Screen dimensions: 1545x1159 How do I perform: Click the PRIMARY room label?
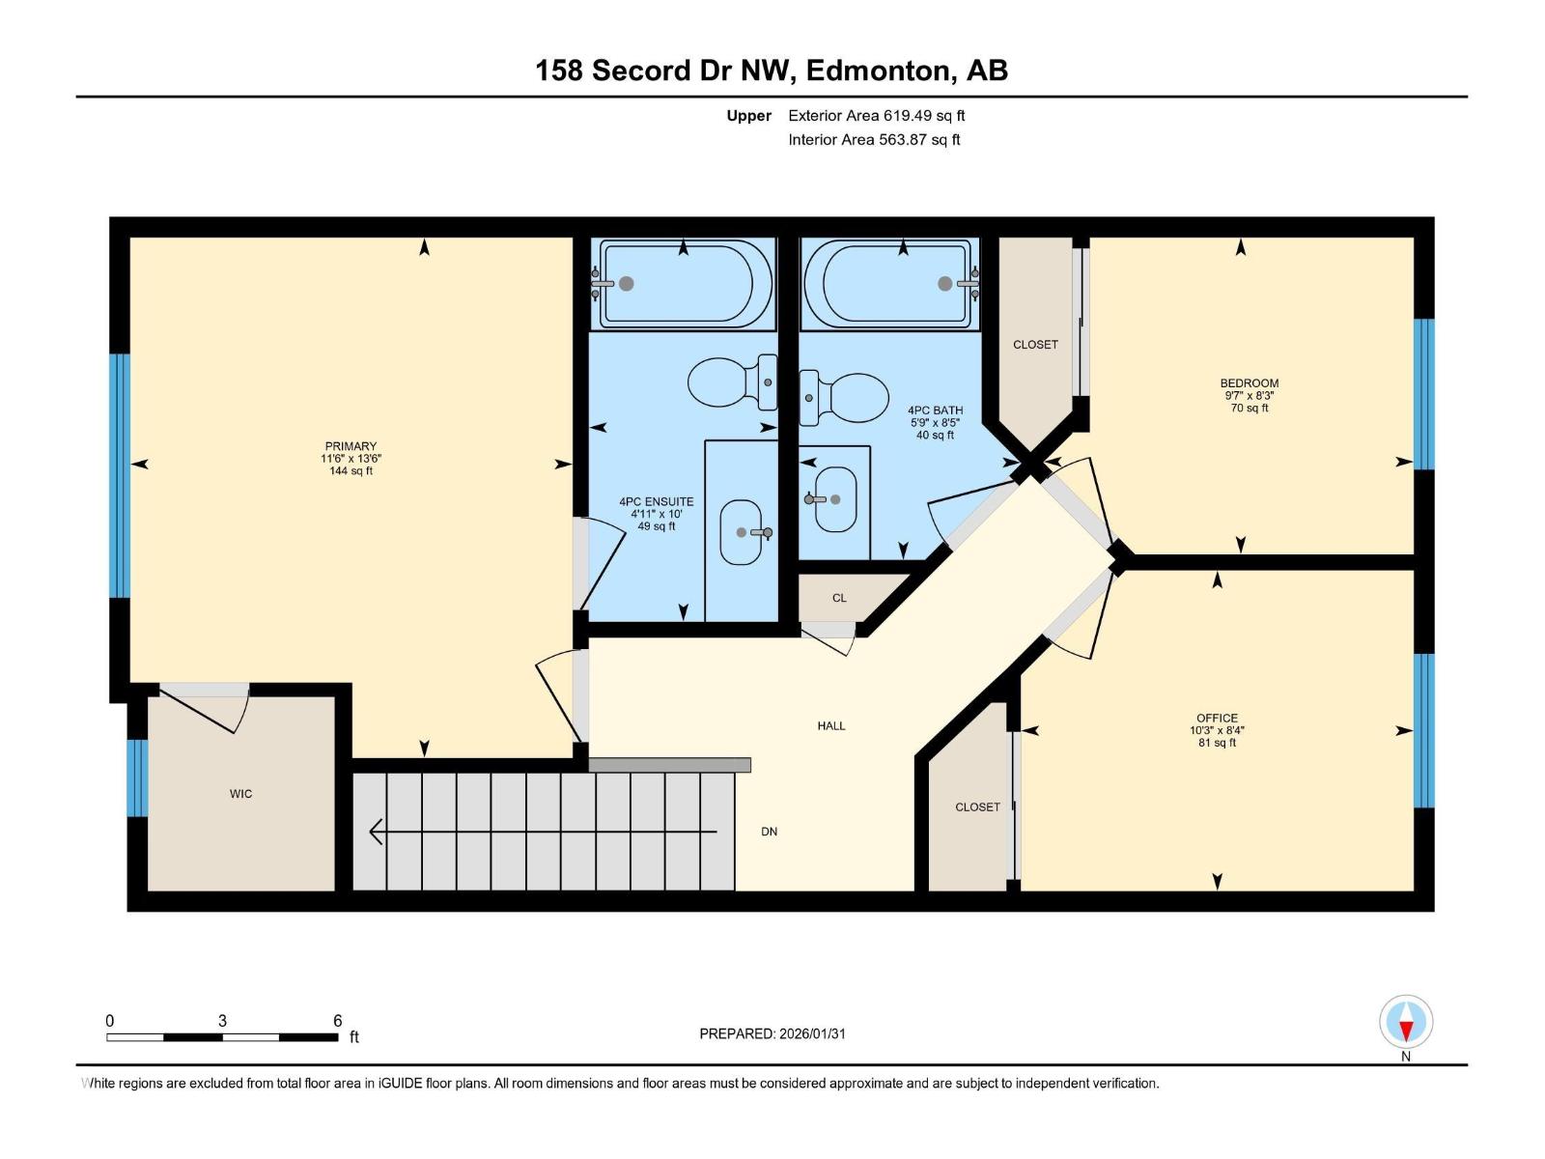pos(351,446)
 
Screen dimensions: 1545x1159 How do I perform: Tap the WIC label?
pos(240,794)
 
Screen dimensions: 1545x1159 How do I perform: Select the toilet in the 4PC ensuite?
pos(732,382)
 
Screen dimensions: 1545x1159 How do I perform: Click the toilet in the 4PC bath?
pos(844,398)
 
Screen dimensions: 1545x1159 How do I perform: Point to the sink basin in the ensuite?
pos(742,532)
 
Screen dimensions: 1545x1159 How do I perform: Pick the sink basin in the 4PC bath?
pos(835,499)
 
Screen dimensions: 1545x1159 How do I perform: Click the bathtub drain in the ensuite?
pos(627,283)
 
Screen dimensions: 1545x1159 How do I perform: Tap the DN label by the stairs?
pos(769,832)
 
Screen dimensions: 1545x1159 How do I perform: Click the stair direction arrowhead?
pos(377,832)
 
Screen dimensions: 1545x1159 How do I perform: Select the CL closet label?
pos(839,598)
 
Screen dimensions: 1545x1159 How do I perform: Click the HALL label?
pos(831,726)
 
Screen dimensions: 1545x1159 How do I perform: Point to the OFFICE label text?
pos(1217,718)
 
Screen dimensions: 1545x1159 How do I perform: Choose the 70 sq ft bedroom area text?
pos(1250,409)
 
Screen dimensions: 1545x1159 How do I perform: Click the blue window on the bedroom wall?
pos(1424,394)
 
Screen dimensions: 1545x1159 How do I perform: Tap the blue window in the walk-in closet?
pos(137,777)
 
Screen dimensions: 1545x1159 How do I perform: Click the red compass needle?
pos(1406,1031)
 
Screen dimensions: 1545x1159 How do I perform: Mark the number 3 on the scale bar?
pos(222,1021)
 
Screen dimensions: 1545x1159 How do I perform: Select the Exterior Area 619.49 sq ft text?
pos(877,115)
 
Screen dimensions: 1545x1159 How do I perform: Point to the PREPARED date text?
pos(772,1033)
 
